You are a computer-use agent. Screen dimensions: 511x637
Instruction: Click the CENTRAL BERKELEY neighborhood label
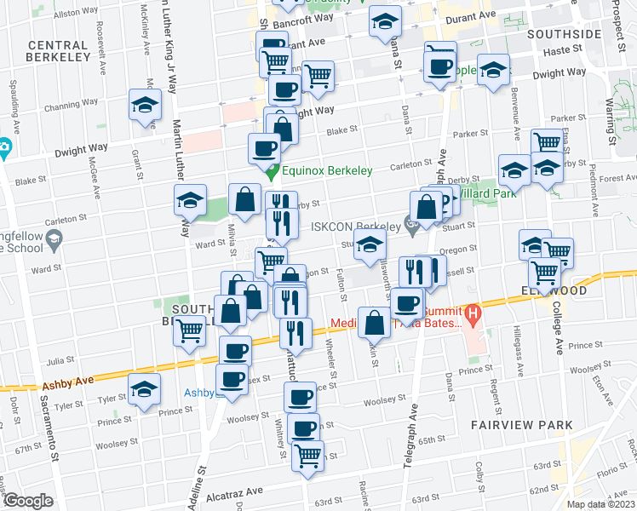click(59, 50)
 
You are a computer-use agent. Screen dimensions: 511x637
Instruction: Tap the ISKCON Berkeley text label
click(355, 227)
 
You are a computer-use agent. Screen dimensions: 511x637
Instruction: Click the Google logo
click(27, 500)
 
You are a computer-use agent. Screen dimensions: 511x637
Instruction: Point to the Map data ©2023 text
click(600, 504)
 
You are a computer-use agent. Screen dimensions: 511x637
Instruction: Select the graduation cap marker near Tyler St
click(145, 389)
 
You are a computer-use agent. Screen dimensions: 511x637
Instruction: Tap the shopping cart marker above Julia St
click(189, 329)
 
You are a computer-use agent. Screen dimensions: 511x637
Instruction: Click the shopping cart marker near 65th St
click(307, 455)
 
